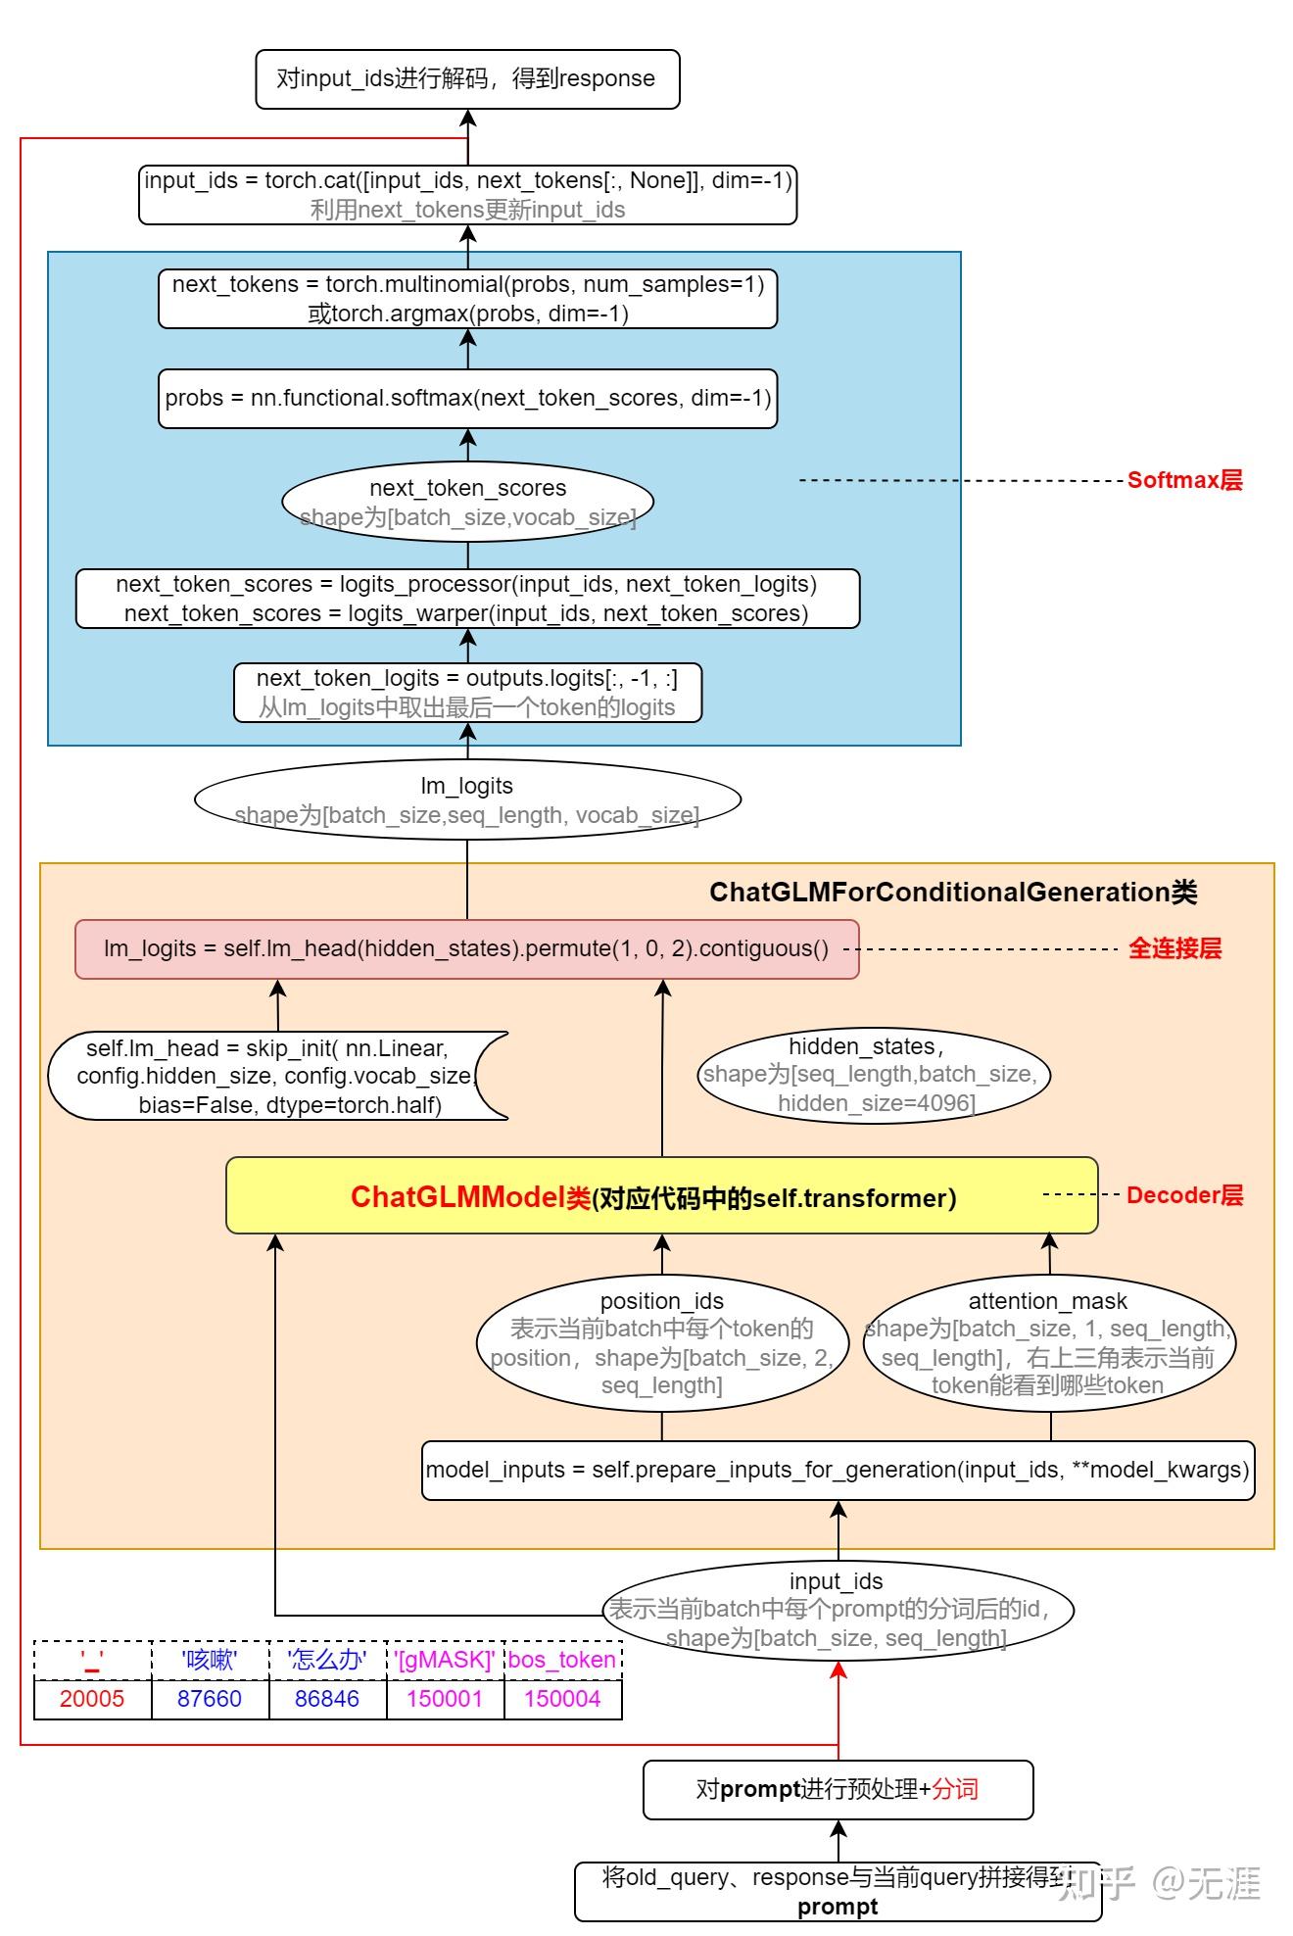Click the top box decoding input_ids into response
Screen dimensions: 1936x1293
click(467, 78)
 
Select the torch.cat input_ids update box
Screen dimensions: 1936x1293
click(467, 194)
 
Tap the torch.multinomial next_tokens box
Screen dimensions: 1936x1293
click(467, 298)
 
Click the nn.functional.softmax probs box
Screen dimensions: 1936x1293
click(467, 398)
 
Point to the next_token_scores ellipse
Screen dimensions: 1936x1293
click(467, 502)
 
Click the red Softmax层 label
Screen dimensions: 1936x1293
click(1183, 480)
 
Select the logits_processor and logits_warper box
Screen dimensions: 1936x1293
click(467, 598)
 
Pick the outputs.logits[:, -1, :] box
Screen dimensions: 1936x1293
click(467, 692)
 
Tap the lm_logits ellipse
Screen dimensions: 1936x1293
click(467, 799)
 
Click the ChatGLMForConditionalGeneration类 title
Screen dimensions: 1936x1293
click(952, 892)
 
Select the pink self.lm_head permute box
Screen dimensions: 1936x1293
click(466, 948)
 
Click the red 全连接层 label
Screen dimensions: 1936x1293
click(1174, 948)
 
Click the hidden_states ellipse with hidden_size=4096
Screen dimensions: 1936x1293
click(872, 1075)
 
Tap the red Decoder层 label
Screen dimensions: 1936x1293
click(1183, 1195)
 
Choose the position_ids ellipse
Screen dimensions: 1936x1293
click(662, 1342)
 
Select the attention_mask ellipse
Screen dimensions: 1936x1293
click(1048, 1342)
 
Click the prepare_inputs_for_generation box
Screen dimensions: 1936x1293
click(838, 1470)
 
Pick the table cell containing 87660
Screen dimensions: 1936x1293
click(210, 1699)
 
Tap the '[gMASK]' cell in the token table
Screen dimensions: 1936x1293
click(445, 1660)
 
